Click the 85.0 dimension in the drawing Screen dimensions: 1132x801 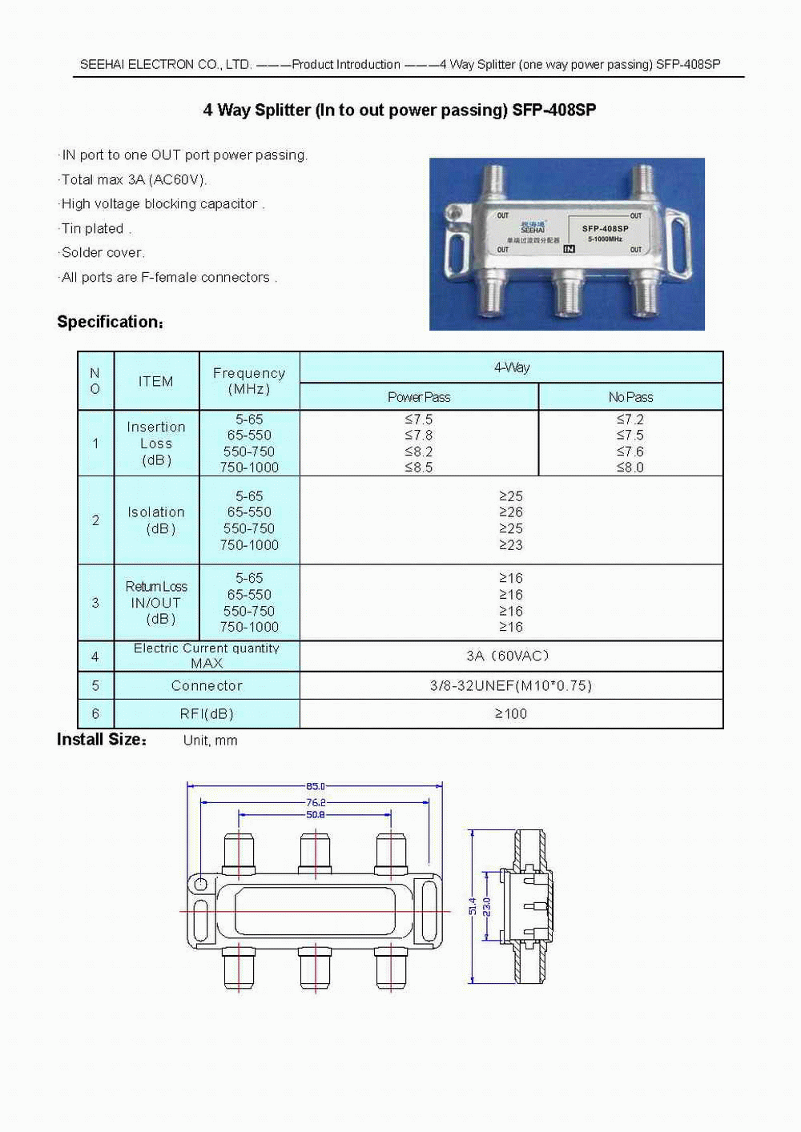coord(316,786)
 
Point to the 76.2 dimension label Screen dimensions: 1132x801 coord(316,802)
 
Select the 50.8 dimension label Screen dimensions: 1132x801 coord(316,815)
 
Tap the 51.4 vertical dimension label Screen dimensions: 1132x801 coord(473,906)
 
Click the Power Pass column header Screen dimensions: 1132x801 coord(419,397)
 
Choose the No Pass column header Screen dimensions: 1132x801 coord(630,397)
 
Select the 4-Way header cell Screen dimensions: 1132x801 coord(511,367)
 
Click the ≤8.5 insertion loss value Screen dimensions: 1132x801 coord(419,468)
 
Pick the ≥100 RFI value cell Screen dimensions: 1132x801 coord(511,714)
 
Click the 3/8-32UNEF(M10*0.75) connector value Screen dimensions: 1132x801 coord(511,685)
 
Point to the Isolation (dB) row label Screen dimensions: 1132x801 coord(157,520)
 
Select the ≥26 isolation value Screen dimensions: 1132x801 coord(511,512)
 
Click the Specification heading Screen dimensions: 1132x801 coord(110,322)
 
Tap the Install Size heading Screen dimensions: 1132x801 coord(102,740)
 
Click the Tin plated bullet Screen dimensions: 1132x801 coord(95,229)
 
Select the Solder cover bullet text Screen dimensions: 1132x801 coord(103,253)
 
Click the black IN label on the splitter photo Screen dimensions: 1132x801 coord(569,249)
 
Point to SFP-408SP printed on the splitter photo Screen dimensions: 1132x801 coord(605,229)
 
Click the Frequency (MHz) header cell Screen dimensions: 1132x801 coord(249,381)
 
